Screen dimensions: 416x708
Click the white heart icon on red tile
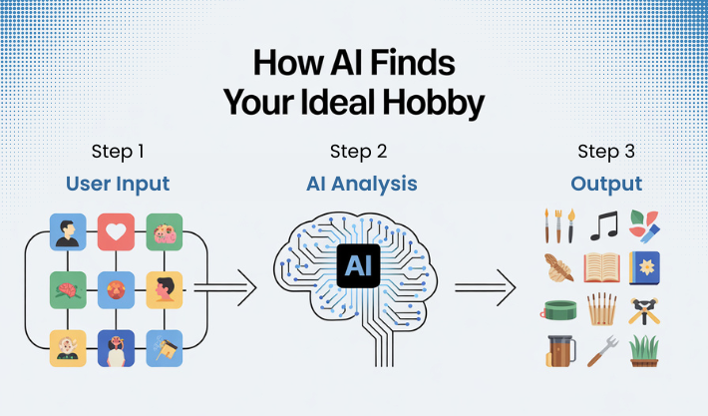[116, 231]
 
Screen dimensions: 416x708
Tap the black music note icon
[604, 226]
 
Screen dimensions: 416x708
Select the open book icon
[604, 268]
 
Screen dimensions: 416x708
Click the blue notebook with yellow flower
[646, 267]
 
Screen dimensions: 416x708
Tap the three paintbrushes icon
[559, 226]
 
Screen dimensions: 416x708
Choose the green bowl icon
[559, 309]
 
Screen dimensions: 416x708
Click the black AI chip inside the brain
[356, 266]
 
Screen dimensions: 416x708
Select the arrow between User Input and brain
[226, 289]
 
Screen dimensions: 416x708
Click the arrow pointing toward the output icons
[486, 289]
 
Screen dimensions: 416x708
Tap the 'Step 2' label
[356, 152]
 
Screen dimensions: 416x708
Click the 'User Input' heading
[118, 184]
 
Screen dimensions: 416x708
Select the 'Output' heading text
[606, 184]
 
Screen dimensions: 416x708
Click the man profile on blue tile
[68, 231]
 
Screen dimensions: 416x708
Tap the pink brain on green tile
[68, 289]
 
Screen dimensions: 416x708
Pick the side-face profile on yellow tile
[164, 289]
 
